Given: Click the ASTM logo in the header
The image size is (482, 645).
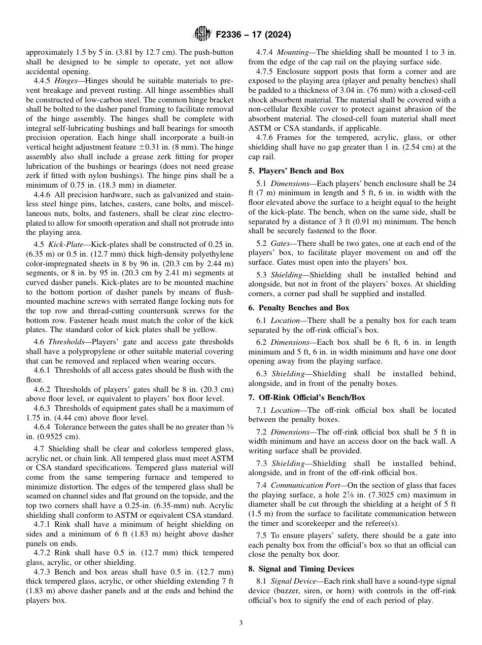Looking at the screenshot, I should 203,35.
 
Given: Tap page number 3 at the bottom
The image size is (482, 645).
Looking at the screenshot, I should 240,623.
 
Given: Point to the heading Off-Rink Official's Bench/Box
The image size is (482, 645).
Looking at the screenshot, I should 312,398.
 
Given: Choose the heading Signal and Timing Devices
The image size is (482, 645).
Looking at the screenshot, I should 306,569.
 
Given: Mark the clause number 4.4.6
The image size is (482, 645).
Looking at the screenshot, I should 43,195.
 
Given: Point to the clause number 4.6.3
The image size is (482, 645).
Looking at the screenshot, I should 43,408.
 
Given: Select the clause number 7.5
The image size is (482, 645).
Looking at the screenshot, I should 262,535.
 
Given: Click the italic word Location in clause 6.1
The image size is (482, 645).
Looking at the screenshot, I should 285,320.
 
